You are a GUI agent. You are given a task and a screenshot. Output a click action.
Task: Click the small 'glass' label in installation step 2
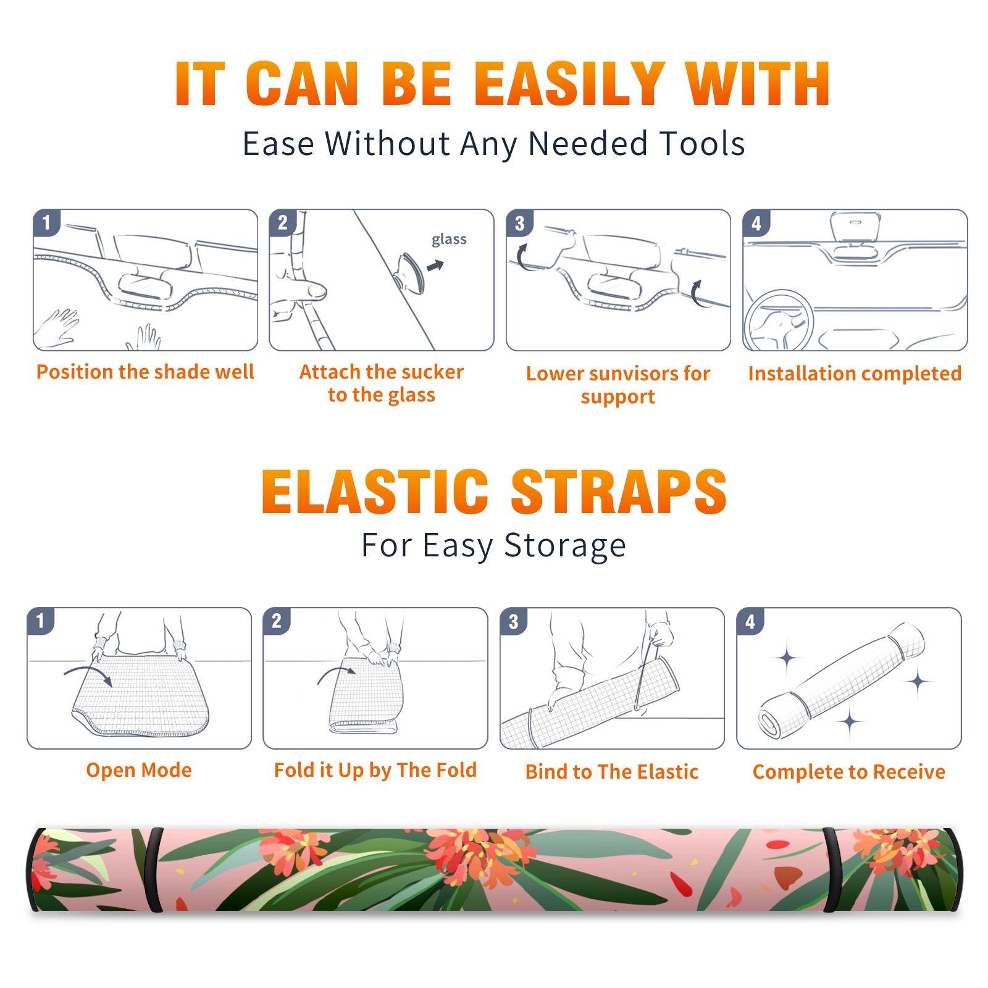(x=449, y=240)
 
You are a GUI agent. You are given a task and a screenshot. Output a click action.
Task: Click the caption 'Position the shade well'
(x=145, y=372)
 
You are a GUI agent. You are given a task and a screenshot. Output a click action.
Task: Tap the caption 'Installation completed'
(x=855, y=374)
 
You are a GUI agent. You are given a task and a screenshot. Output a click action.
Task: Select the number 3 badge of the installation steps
(x=519, y=223)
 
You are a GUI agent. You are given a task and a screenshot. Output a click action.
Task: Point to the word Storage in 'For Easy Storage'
(x=565, y=546)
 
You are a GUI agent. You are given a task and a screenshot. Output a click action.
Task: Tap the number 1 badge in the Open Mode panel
(x=41, y=621)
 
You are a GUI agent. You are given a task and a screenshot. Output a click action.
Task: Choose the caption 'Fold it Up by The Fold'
(x=375, y=770)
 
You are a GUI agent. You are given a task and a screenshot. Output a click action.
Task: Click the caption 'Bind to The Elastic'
(x=611, y=772)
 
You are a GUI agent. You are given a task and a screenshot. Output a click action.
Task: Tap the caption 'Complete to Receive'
(x=849, y=772)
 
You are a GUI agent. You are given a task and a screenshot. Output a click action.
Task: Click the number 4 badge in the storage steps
(x=750, y=621)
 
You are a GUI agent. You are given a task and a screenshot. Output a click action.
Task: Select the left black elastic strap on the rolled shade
(x=154, y=870)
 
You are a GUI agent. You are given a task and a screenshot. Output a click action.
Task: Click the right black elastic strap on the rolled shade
(x=832, y=870)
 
